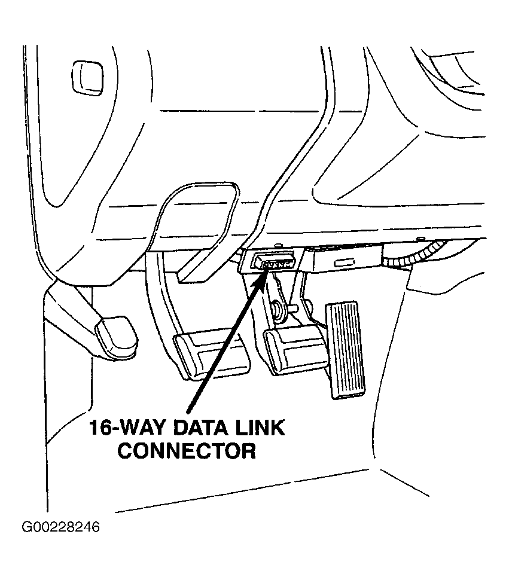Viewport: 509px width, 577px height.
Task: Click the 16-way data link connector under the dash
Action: click(274, 262)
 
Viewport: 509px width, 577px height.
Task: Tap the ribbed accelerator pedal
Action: click(346, 350)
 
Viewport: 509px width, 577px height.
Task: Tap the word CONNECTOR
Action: click(187, 451)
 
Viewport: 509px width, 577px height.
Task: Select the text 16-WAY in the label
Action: click(127, 428)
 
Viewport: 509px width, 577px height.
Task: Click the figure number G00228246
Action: click(61, 527)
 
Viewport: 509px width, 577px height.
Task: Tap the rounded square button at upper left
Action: click(87, 78)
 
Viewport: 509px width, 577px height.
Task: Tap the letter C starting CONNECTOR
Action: click(126, 451)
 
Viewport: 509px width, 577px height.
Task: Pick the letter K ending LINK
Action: click(278, 428)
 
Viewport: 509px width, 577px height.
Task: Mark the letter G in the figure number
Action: click(26, 527)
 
